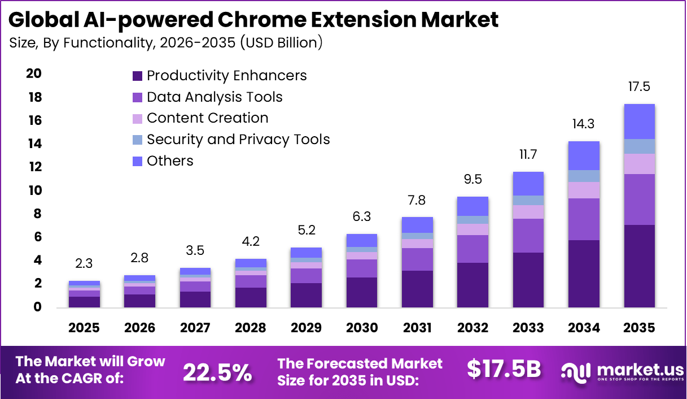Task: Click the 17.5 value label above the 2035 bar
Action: coord(639,87)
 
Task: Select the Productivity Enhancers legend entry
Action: coord(226,76)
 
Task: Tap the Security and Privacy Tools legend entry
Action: coord(238,140)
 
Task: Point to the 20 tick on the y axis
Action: coord(34,74)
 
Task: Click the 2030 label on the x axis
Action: coord(361,328)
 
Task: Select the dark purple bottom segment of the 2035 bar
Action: coord(639,266)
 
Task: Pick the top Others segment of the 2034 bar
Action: coord(584,155)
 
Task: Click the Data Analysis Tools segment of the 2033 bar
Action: coord(528,235)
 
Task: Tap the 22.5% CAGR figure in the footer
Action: coord(217,371)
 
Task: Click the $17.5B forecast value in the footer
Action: coord(504,369)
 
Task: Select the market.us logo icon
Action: coord(575,371)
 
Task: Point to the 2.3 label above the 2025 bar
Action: coord(84,264)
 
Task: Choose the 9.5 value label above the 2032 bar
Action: coord(473,180)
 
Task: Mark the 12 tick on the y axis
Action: coord(34,167)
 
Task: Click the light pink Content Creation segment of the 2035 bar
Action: coord(639,164)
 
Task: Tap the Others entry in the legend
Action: coord(169,161)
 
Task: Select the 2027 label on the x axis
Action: coord(195,328)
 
